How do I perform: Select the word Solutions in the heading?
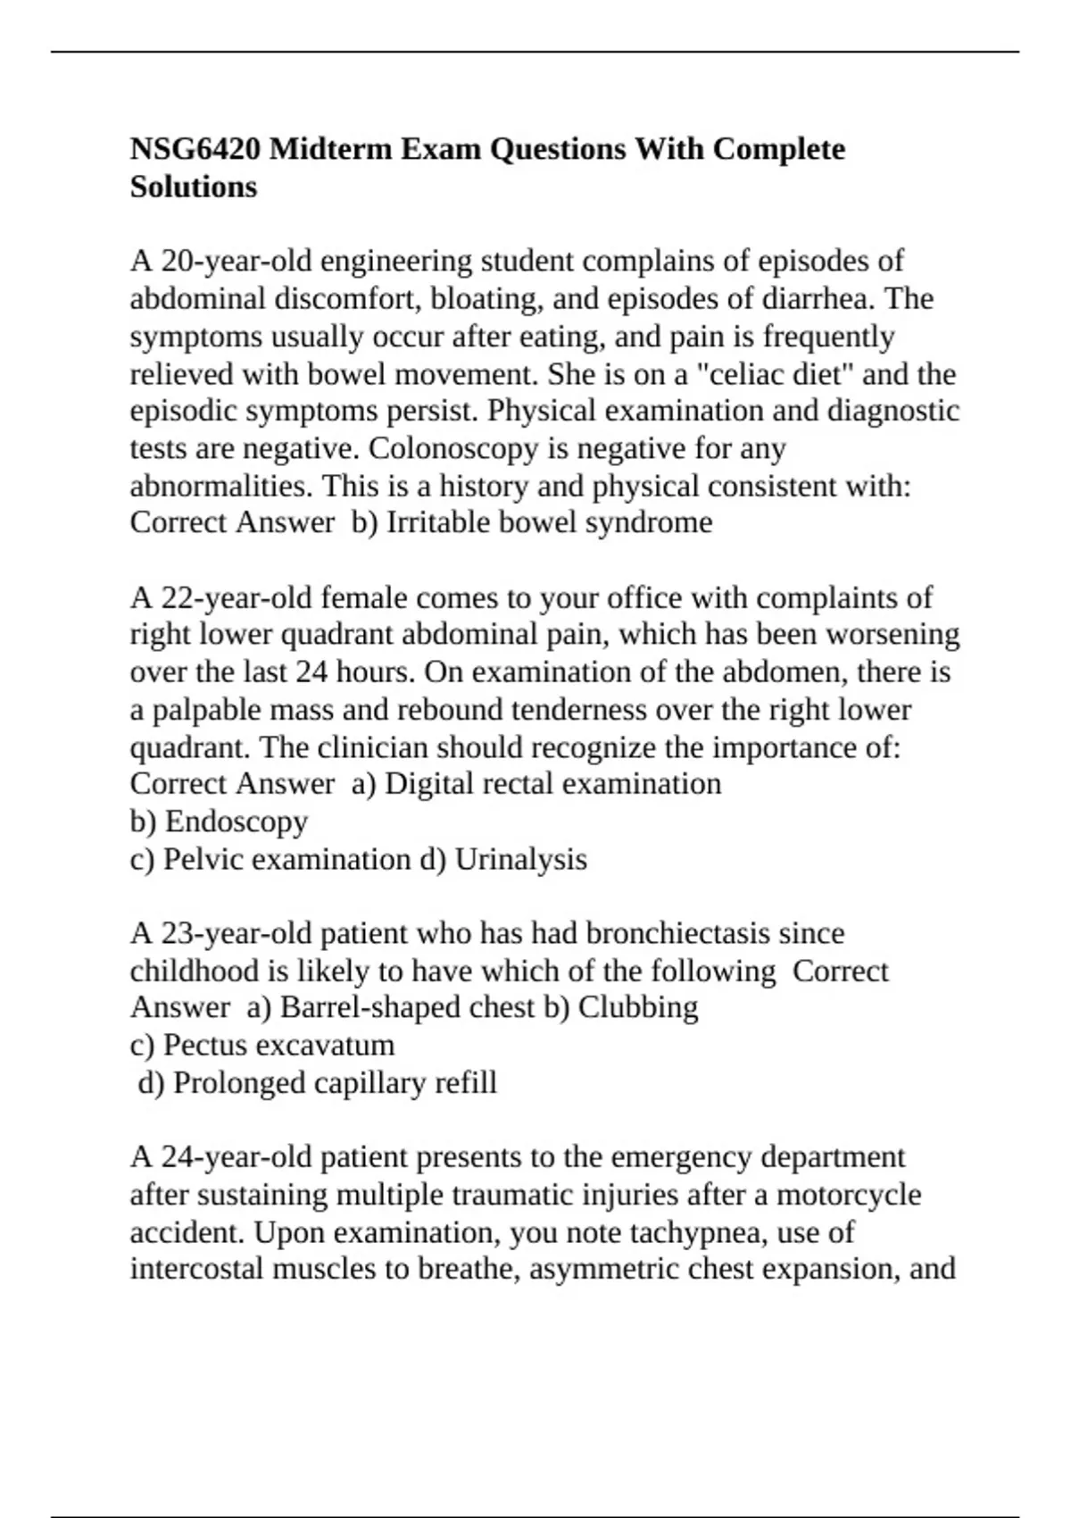pos(194,187)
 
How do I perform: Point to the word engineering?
pos(396,261)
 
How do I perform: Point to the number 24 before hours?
pos(311,671)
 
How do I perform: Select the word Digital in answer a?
pos(430,783)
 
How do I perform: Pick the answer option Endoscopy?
pos(237,822)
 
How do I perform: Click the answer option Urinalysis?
pos(521,859)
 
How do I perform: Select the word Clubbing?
pos(638,1007)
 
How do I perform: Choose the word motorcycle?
pos(849,1195)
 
